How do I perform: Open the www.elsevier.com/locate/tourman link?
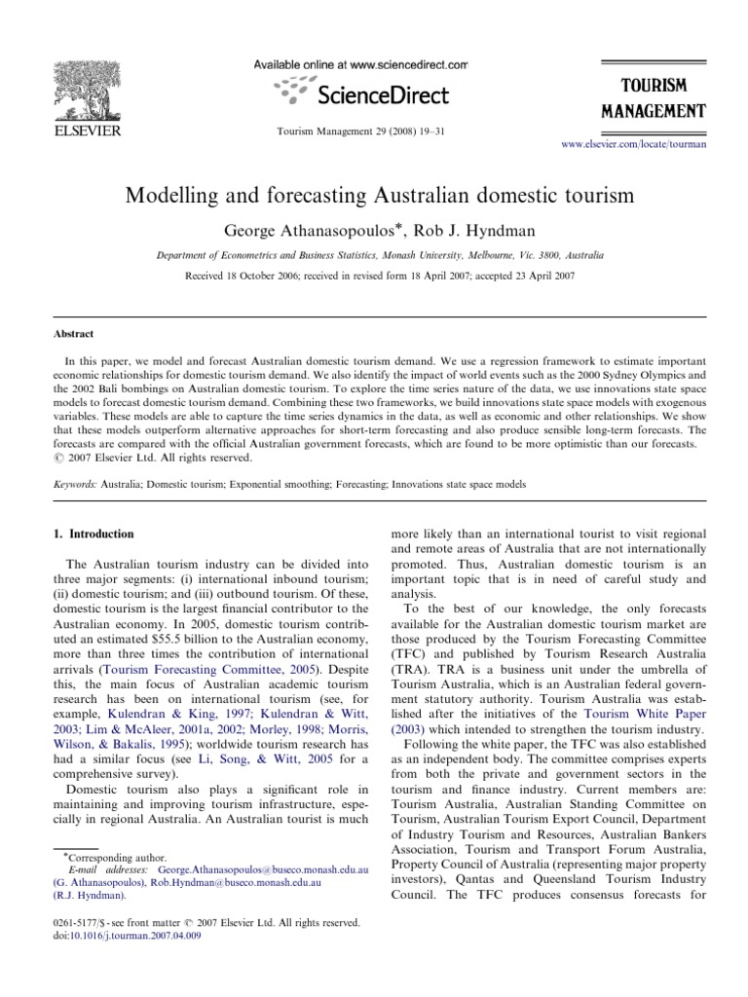pos(634,144)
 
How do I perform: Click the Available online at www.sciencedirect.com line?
pos(360,64)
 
